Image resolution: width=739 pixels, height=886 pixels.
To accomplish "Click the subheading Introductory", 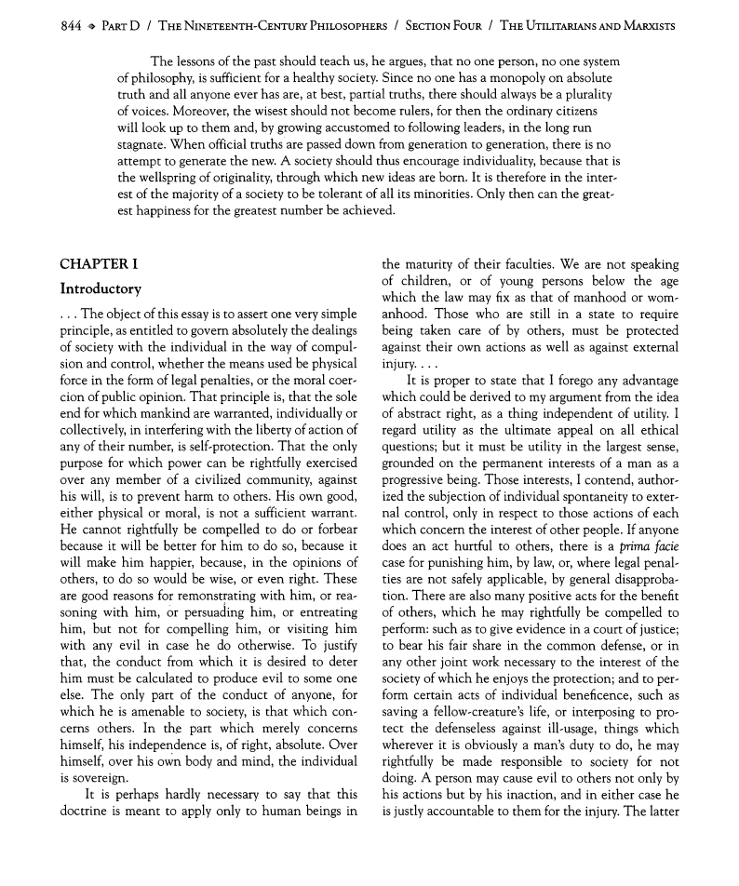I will click(x=101, y=289).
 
